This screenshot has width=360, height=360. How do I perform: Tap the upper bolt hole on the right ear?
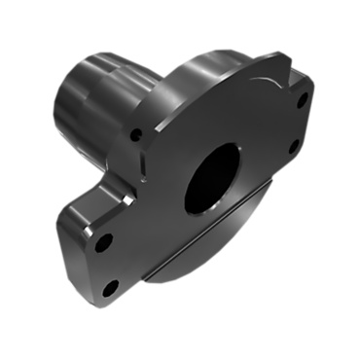(303, 98)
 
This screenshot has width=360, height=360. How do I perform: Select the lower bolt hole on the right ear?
(295, 146)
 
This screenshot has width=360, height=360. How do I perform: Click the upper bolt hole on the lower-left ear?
(103, 240)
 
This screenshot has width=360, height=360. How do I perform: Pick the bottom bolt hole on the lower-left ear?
(111, 287)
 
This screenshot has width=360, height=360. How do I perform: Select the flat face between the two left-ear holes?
(107, 264)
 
